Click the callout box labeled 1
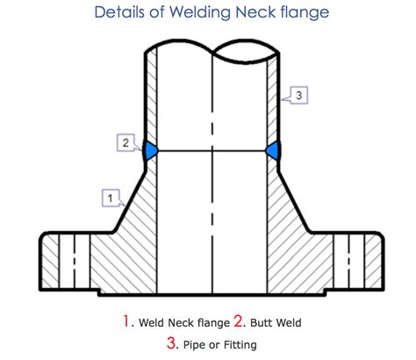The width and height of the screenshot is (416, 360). [111, 198]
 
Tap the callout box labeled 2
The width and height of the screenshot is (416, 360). [126, 142]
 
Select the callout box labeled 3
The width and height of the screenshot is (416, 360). [298, 95]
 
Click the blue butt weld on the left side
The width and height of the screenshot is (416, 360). [151, 150]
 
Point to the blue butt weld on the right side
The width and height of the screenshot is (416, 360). [273, 150]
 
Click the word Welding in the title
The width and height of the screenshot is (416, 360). [200, 12]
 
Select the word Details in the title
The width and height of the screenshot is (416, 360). [119, 12]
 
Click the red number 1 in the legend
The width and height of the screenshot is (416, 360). [126, 320]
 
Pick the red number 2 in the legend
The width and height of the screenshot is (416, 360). [238, 320]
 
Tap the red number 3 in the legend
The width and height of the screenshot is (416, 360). [171, 342]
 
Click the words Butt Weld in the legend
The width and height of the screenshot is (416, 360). [276, 322]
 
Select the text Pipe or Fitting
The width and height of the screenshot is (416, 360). [220, 345]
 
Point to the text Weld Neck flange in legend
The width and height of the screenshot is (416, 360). [184, 322]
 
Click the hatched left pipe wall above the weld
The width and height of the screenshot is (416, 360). [151, 97]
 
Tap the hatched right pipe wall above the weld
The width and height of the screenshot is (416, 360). [272, 99]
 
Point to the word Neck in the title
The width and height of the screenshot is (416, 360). [255, 12]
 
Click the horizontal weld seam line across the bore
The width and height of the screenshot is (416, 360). [212, 151]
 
